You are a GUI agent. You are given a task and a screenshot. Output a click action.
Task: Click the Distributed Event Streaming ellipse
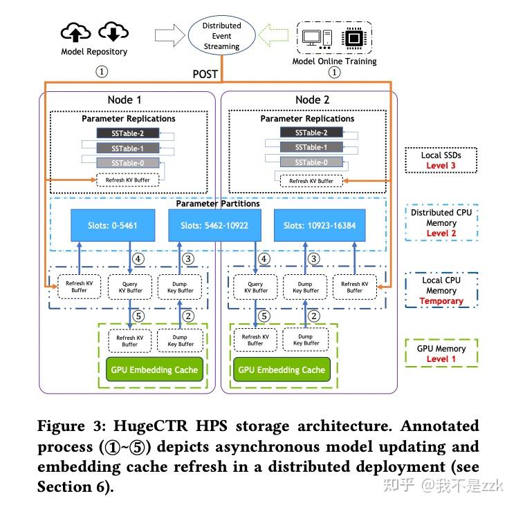(x=221, y=36)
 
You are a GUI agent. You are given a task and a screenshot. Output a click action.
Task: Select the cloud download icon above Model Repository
(x=112, y=32)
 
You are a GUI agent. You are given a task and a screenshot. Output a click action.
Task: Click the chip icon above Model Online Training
(x=354, y=37)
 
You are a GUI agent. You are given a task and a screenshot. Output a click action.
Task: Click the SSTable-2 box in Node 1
(x=129, y=133)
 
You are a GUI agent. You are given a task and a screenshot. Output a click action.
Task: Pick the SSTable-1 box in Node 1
(x=129, y=148)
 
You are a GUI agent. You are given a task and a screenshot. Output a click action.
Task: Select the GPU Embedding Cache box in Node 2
(x=282, y=370)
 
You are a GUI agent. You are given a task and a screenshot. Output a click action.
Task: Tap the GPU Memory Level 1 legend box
(x=441, y=354)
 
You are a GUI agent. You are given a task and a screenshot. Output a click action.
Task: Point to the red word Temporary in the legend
(x=441, y=300)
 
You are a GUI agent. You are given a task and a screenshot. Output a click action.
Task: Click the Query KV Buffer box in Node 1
(x=129, y=287)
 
